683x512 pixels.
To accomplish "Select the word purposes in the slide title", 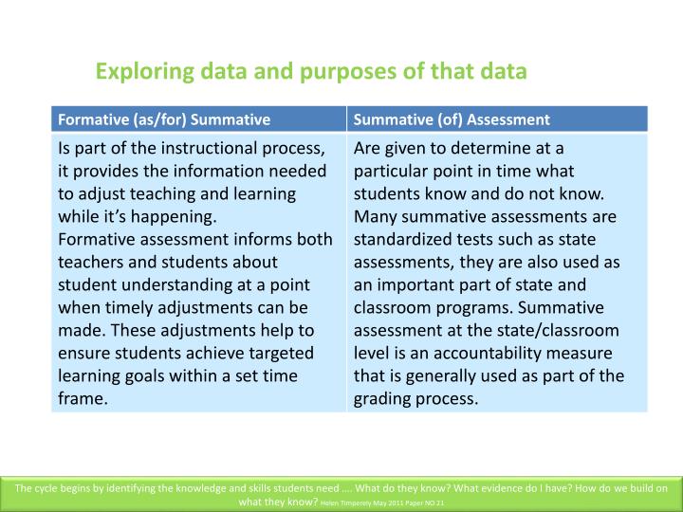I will pos(336,71).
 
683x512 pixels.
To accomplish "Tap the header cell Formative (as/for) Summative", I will pos(164,119).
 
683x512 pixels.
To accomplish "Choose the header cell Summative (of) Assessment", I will pos(452,119).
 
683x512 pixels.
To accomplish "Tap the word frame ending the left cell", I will pos(81,399).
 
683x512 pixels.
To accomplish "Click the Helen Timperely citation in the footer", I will pos(379,502).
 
